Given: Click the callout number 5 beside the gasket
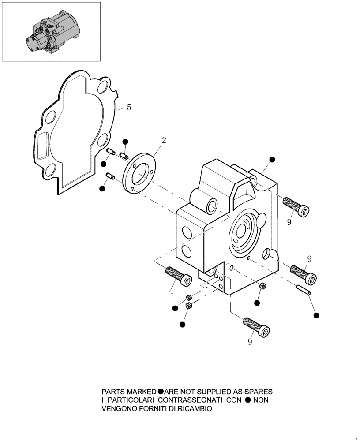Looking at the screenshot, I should point(128,107).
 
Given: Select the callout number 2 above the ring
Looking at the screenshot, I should point(164,140).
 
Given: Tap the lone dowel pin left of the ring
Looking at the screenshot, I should point(110,177).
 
